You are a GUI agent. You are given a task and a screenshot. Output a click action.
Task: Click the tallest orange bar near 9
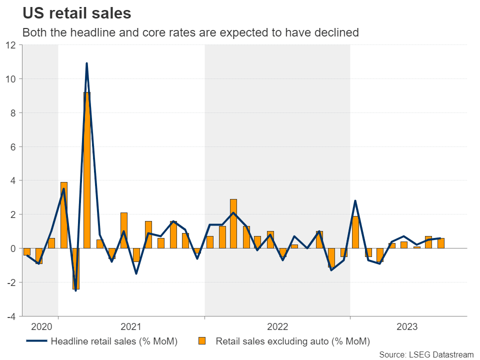click(x=87, y=170)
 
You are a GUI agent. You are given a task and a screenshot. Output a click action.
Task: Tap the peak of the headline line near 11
click(x=87, y=63)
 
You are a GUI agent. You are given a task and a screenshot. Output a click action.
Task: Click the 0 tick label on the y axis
click(x=13, y=248)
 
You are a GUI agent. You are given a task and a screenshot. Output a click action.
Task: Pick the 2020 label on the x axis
click(x=41, y=327)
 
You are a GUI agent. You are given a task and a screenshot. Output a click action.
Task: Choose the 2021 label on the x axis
click(x=130, y=327)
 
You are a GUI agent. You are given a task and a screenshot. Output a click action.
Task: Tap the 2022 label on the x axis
click(x=277, y=327)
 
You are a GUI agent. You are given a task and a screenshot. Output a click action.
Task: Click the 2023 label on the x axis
click(x=407, y=327)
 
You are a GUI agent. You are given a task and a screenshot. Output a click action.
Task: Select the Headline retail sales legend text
click(x=114, y=342)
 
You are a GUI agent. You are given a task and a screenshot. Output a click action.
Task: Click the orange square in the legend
click(x=202, y=342)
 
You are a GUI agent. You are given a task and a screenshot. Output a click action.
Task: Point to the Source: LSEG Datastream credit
click(x=426, y=354)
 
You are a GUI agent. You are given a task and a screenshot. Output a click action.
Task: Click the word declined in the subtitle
click(x=341, y=32)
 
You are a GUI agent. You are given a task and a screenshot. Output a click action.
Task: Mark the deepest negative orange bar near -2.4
click(x=75, y=268)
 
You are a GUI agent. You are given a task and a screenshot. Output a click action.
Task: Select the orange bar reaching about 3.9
click(x=63, y=215)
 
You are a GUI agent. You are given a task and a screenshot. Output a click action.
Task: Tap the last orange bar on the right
click(x=440, y=243)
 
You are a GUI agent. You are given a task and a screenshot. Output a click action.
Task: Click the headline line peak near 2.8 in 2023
click(x=355, y=201)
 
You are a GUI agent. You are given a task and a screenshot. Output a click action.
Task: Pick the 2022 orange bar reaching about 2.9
click(x=233, y=223)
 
